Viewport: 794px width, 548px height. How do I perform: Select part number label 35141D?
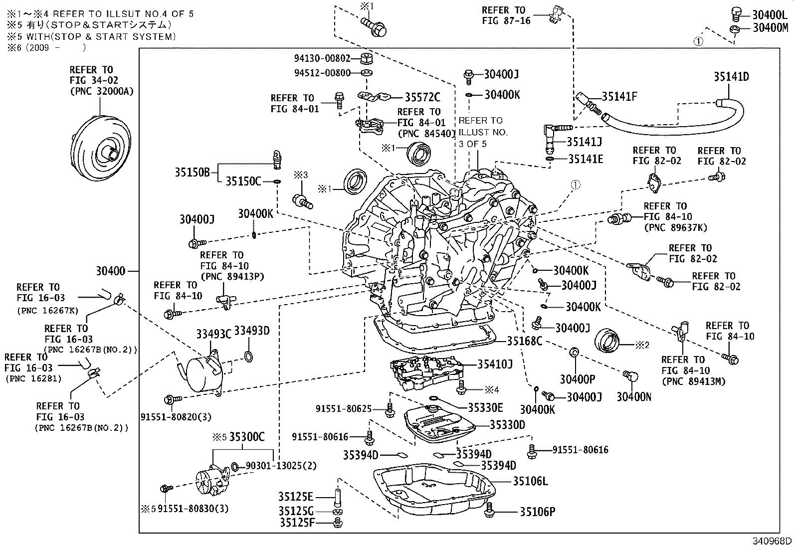tap(731, 77)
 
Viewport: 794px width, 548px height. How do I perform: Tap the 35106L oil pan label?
tap(531, 481)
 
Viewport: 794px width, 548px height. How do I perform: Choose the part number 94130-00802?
tap(322, 58)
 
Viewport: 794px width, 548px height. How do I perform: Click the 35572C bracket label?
tap(422, 97)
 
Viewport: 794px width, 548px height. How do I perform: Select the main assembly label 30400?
tap(110, 271)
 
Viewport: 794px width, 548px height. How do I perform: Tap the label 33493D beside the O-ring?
tap(252, 331)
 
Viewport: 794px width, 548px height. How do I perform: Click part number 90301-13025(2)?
tap(281, 466)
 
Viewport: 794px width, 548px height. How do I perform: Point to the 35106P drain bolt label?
tap(538, 512)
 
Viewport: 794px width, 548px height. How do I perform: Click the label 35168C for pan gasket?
tap(524, 341)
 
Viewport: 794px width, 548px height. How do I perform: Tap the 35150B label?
tap(192, 173)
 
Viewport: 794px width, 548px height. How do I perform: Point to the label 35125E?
tap(296, 497)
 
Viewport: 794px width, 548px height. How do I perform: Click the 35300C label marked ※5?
tap(247, 437)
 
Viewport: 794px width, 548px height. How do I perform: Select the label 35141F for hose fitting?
tap(619, 97)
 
